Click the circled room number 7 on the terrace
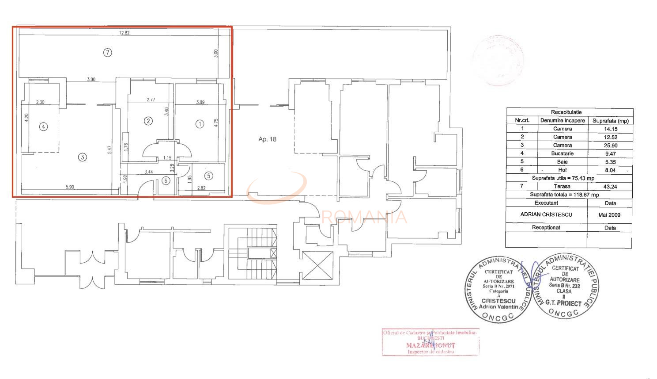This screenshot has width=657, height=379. (107, 52)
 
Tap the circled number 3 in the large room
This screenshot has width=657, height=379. (82, 157)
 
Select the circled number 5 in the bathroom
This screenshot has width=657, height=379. (208, 176)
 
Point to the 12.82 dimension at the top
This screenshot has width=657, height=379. (124, 33)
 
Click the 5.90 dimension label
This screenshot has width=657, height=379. (70, 187)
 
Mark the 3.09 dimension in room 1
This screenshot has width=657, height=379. (200, 103)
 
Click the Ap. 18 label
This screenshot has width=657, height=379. (267, 139)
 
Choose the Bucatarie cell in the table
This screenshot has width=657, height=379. (563, 153)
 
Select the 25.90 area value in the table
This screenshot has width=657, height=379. (610, 145)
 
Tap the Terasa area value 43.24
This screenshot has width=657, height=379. (610, 187)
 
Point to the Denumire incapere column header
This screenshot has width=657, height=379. (563, 120)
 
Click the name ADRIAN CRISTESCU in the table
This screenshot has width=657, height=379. (546, 214)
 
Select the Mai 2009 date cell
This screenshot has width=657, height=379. (610, 215)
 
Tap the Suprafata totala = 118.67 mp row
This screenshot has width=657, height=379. (564, 195)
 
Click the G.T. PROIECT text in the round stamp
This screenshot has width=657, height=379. (563, 303)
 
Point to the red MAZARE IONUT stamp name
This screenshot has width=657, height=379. (430, 345)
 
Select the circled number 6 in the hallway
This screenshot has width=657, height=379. (166, 180)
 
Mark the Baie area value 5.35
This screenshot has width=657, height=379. (610, 162)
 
